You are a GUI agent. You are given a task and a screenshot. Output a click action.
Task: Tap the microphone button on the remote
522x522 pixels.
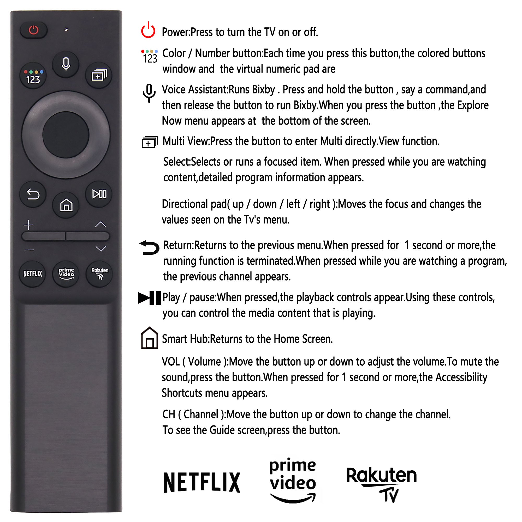tap(66, 64)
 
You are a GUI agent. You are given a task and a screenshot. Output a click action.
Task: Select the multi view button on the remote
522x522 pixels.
tap(99, 75)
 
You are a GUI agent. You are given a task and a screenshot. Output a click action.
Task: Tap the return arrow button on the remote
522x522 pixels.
tap(33, 194)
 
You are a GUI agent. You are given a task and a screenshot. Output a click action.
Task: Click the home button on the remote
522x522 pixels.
tap(66, 205)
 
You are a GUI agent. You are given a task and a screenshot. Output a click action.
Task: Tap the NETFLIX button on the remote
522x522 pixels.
tap(33, 274)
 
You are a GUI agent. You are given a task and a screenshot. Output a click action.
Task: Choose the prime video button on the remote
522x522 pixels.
tap(66, 274)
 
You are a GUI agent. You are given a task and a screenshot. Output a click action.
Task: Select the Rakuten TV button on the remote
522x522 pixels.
tap(99, 274)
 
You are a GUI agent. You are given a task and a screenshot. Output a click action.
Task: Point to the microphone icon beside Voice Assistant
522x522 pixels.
tap(149, 93)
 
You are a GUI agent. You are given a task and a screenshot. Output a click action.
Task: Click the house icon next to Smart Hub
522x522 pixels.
tap(149, 338)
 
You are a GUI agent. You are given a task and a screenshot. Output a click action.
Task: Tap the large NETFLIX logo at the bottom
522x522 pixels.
tap(202, 483)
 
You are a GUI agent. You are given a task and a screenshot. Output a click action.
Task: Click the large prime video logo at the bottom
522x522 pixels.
tap(293, 480)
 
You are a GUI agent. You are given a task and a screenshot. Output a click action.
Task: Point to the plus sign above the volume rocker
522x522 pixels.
tap(29, 225)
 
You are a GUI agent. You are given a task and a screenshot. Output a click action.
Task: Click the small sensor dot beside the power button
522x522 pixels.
tap(66, 30)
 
